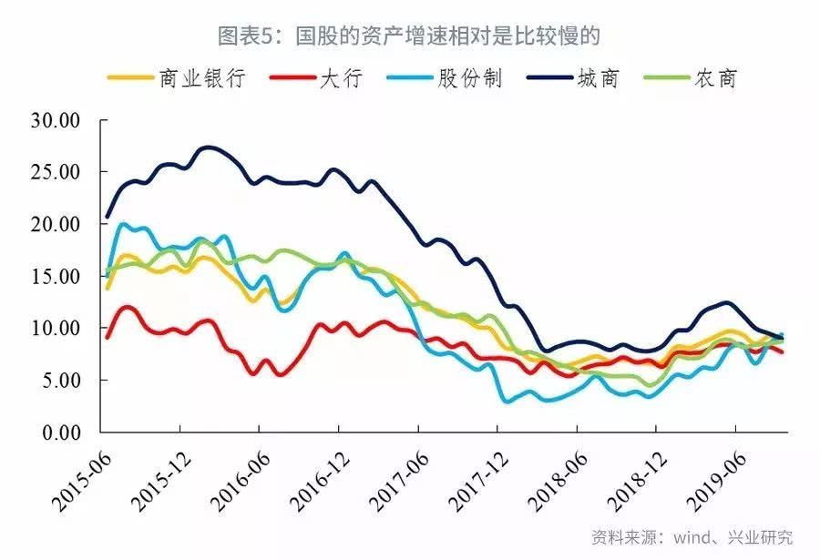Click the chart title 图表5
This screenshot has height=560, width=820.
coord(409,36)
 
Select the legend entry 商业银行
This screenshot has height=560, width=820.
coord(201,78)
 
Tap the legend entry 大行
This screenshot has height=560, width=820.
coord(341,78)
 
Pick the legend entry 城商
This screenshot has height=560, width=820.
coord(597,78)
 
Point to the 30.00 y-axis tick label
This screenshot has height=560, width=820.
coord(56,120)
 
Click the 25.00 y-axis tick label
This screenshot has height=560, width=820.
coord(56,172)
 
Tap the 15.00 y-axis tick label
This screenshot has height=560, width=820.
coord(56,276)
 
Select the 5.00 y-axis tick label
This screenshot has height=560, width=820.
coord(61,380)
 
